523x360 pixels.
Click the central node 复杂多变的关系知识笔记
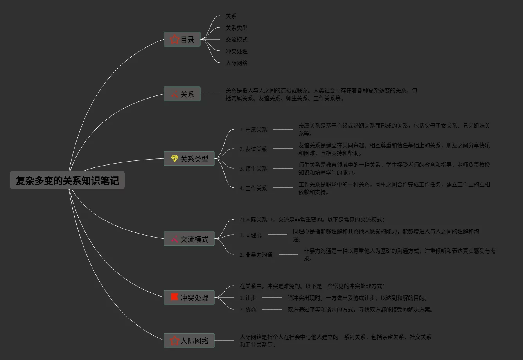(67, 180)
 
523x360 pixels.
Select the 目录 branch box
(182, 39)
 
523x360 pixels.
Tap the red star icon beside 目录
(174, 39)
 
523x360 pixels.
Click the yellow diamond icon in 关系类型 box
(174, 158)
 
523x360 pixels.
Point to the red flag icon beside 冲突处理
(174, 297)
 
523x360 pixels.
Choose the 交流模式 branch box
(189, 239)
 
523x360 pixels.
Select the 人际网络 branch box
(189, 340)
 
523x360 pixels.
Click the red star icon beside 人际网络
(174, 340)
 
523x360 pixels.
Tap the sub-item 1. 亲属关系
(253, 130)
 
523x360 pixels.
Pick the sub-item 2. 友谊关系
(253, 149)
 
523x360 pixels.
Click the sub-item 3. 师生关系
(253, 169)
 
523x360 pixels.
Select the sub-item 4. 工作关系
(253, 188)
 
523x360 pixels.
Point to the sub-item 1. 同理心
(250, 235)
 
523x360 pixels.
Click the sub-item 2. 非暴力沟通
(256, 255)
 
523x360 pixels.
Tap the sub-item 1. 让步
(248, 298)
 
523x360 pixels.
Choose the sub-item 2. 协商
(248, 310)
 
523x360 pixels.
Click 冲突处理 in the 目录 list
(237, 51)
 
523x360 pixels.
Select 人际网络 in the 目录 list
(237, 63)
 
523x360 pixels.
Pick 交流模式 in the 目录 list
(237, 40)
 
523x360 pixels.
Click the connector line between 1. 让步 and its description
(272, 297)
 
